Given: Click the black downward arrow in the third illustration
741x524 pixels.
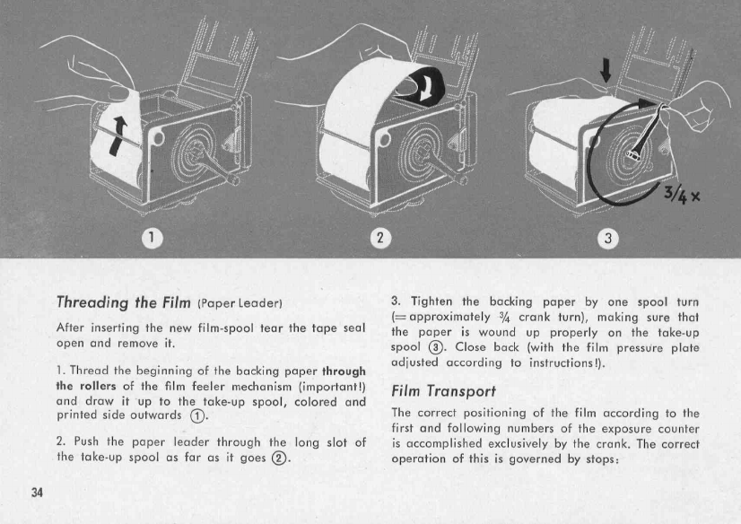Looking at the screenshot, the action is (x=604, y=69).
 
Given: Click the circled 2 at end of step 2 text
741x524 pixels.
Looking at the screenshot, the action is (x=289, y=458).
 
